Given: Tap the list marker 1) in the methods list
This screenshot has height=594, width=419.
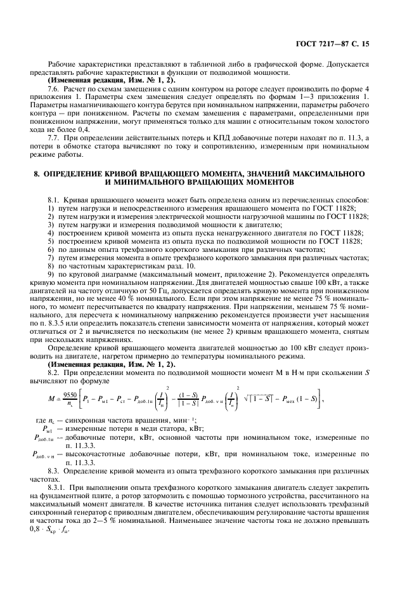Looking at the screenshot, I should point(51,209).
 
